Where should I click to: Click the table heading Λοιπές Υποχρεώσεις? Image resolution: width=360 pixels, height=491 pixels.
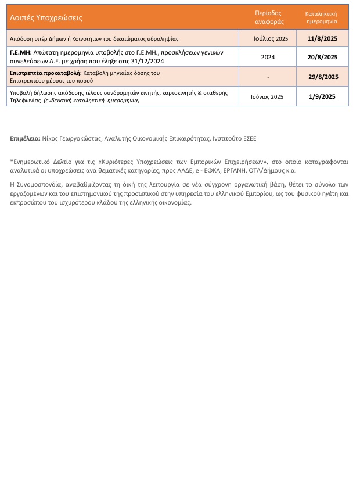46,17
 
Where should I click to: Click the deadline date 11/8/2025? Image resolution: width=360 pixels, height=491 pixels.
322,38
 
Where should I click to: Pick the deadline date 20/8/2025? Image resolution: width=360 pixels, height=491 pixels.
322,57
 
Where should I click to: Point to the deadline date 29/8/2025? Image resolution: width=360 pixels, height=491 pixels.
322,77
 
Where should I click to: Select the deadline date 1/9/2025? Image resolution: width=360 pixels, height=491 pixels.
322,96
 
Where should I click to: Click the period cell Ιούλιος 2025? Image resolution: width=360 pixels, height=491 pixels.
271,38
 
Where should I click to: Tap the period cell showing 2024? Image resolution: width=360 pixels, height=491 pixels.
268,57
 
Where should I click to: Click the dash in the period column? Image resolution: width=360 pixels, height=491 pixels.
268,77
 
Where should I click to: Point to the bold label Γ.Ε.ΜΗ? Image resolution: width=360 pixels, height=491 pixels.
21,52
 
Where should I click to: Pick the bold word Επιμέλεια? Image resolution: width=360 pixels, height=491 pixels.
26,139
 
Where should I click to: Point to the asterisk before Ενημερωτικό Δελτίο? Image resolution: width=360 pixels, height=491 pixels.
12,162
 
